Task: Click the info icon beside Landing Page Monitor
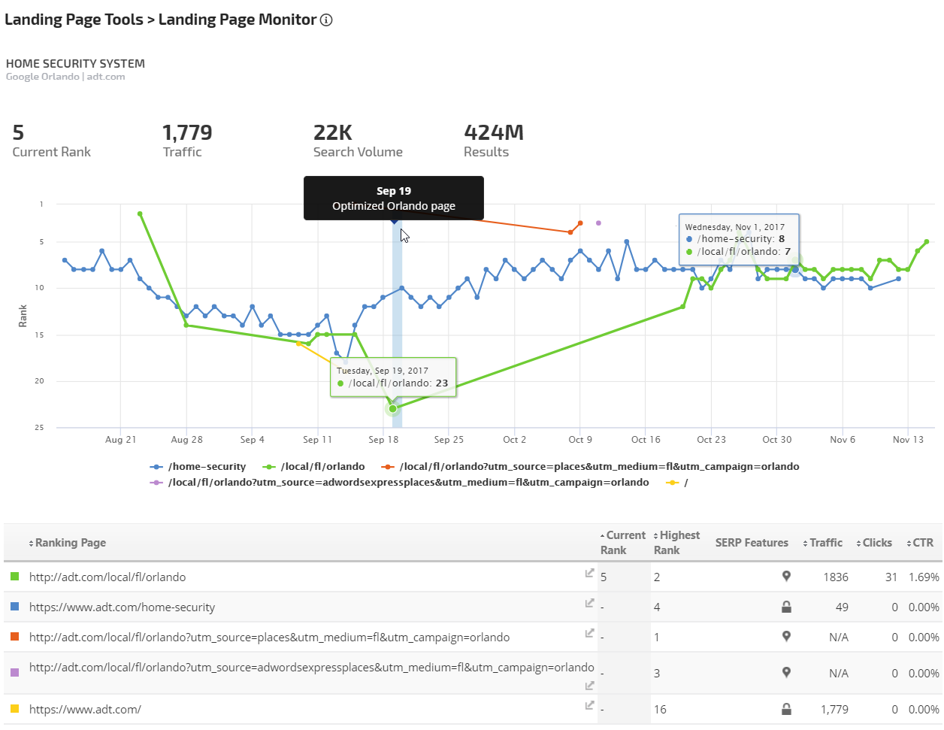326,20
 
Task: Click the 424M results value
494,133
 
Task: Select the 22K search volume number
333,133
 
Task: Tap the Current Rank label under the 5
51,152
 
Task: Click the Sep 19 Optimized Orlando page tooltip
393,198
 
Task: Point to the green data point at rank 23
392,408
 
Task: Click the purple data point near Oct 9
598,223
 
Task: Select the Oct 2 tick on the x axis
515,440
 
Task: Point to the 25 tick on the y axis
41,428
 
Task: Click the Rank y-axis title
23,316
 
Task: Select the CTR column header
922,543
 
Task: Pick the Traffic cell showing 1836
835,577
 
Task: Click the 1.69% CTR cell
924,577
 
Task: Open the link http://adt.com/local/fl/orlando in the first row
107,577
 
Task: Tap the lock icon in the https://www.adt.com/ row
786,708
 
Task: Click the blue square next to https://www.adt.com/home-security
14,606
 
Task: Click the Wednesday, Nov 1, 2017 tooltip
739,239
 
